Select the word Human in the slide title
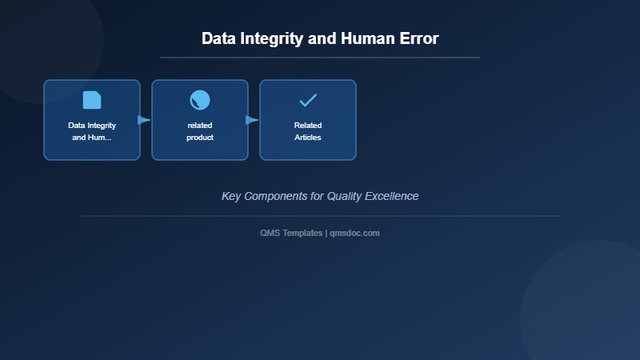click(364, 38)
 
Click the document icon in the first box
click(92, 100)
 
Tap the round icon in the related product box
click(200, 100)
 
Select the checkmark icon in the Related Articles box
click(308, 100)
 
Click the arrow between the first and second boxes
click(145, 120)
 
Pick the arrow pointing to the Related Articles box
click(253, 120)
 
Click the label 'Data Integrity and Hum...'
click(92, 131)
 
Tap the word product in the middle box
click(200, 138)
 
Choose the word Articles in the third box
click(308, 138)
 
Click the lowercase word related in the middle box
click(200, 126)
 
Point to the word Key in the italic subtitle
click(231, 196)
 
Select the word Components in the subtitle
click(283, 196)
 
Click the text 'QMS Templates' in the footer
click(291, 233)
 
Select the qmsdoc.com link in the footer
click(354, 233)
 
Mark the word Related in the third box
click(308, 126)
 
